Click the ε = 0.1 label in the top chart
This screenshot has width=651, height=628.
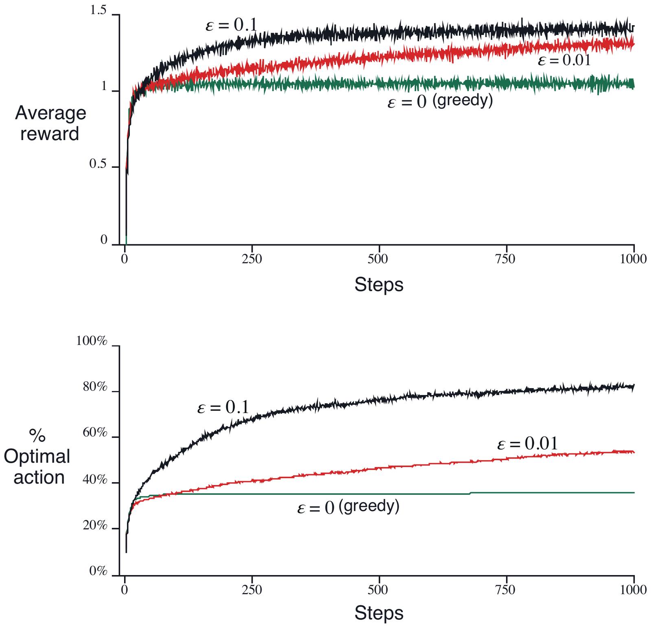[232, 26]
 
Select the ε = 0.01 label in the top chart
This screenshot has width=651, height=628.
[564, 61]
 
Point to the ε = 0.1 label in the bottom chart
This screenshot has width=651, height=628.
[223, 408]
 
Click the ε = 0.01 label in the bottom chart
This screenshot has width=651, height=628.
[527, 444]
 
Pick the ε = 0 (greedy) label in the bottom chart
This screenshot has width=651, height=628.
[348, 507]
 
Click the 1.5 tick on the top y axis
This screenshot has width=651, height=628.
[98, 11]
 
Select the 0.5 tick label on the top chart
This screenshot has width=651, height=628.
[98, 164]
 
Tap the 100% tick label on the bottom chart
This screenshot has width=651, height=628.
[92, 341]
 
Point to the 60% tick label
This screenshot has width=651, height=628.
[95, 433]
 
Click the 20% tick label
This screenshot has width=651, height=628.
[95, 526]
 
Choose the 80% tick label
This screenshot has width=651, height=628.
[95, 387]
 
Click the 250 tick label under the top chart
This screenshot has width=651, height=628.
[252, 259]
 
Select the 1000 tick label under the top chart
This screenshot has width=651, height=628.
[634, 259]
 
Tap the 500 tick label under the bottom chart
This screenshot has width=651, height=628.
[379, 590]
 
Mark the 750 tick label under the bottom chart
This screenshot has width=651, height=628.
[507, 590]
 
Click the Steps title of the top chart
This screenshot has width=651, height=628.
[379, 285]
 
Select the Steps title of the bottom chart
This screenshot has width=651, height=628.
[379, 613]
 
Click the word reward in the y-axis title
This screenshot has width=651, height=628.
[50, 134]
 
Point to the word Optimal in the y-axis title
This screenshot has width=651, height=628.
[37, 457]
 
